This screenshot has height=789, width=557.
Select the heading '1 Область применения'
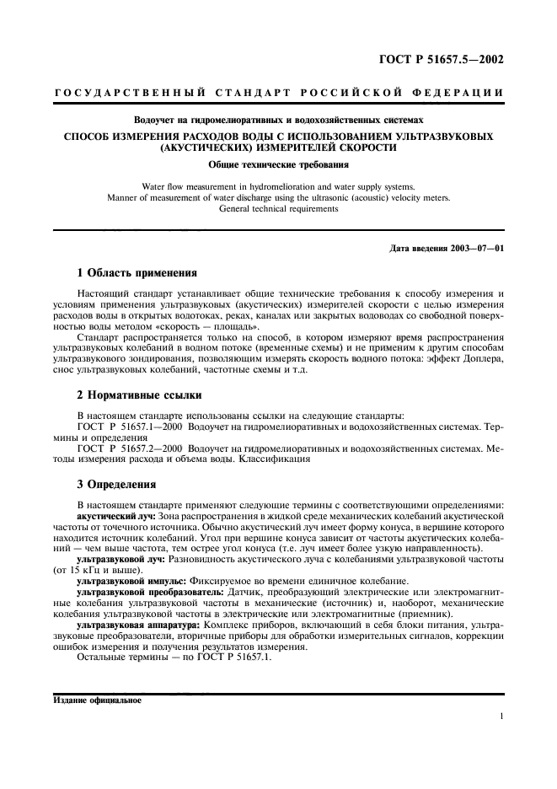point(137,273)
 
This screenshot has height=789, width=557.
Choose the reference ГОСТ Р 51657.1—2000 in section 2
point(130,427)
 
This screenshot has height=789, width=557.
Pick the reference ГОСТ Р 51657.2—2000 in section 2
point(130,448)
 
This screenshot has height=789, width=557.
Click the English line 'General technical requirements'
point(278,208)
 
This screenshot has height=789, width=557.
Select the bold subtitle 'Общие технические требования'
point(278,164)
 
